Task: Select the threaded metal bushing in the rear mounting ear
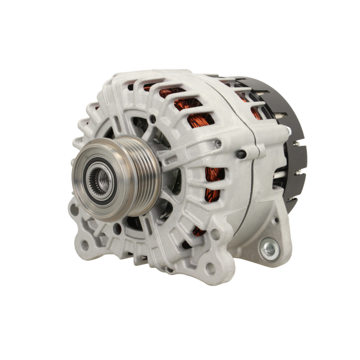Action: click(269, 249)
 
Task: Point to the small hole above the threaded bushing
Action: click(276, 220)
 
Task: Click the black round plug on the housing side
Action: click(241, 154)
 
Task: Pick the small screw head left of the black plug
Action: click(218, 143)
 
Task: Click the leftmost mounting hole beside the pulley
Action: click(75, 210)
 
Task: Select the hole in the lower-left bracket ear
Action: click(85, 246)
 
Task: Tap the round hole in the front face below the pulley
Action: click(117, 228)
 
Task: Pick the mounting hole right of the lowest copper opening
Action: click(215, 234)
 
